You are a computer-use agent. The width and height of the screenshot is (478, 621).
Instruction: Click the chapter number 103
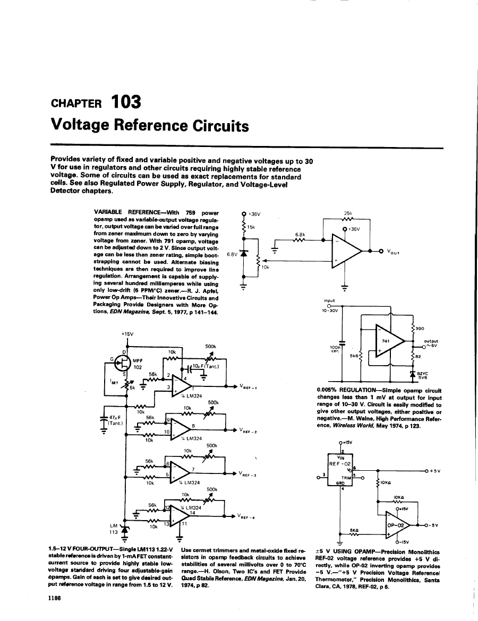click(x=125, y=101)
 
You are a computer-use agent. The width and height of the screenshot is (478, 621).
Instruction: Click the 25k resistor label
click(x=349, y=214)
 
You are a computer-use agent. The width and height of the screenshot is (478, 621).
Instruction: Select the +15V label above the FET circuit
click(x=127, y=334)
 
